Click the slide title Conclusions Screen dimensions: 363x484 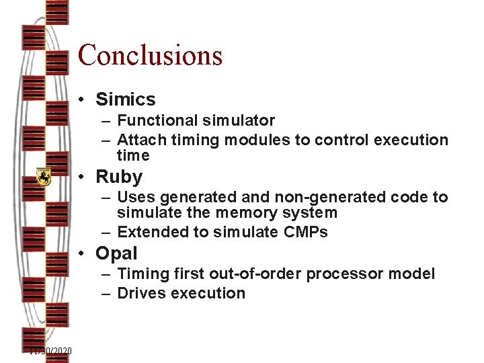pyautogui.click(x=150, y=55)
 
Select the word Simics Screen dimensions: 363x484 pyautogui.click(x=125, y=99)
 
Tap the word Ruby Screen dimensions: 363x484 pyautogui.click(x=119, y=177)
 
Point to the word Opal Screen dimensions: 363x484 pyautogui.click(x=116, y=253)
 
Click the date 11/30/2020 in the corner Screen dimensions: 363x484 pyautogui.click(x=50, y=351)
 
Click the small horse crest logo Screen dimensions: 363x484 pyautogui.click(x=44, y=177)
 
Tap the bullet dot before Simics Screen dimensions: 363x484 pyautogui.click(x=80, y=100)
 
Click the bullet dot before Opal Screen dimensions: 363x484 pyautogui.click(x=80, y=254)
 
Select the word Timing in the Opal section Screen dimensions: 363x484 pyautogui.click(x=140, y=274)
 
